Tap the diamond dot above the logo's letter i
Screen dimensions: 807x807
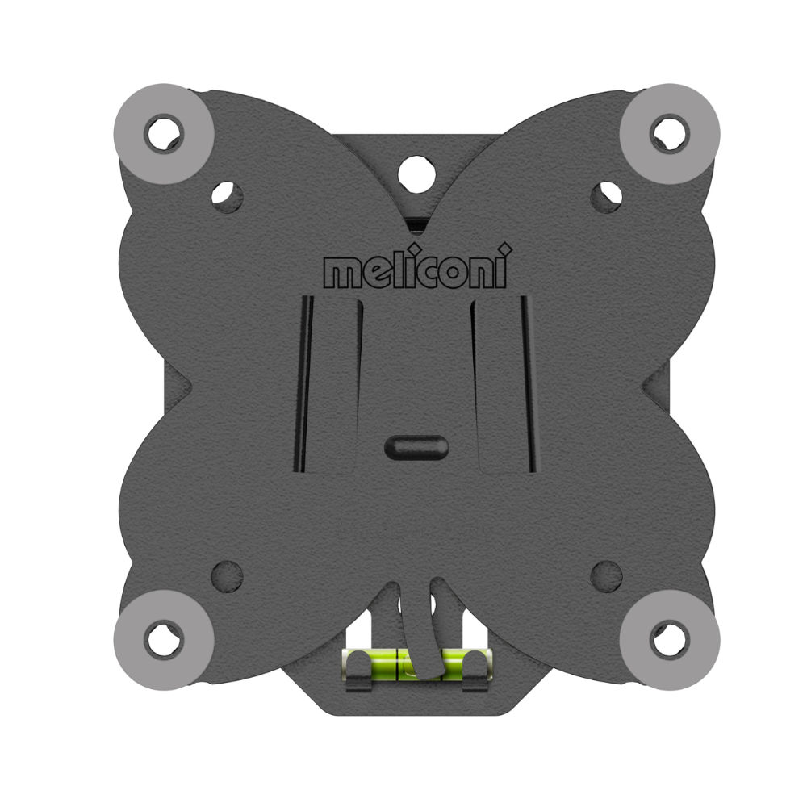click(506, 249)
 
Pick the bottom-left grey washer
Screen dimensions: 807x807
click(164, 640)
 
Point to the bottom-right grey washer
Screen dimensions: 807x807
click(670, 640)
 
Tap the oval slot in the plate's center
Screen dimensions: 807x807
click(416, 447)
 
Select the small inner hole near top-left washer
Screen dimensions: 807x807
click(227, 196)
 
